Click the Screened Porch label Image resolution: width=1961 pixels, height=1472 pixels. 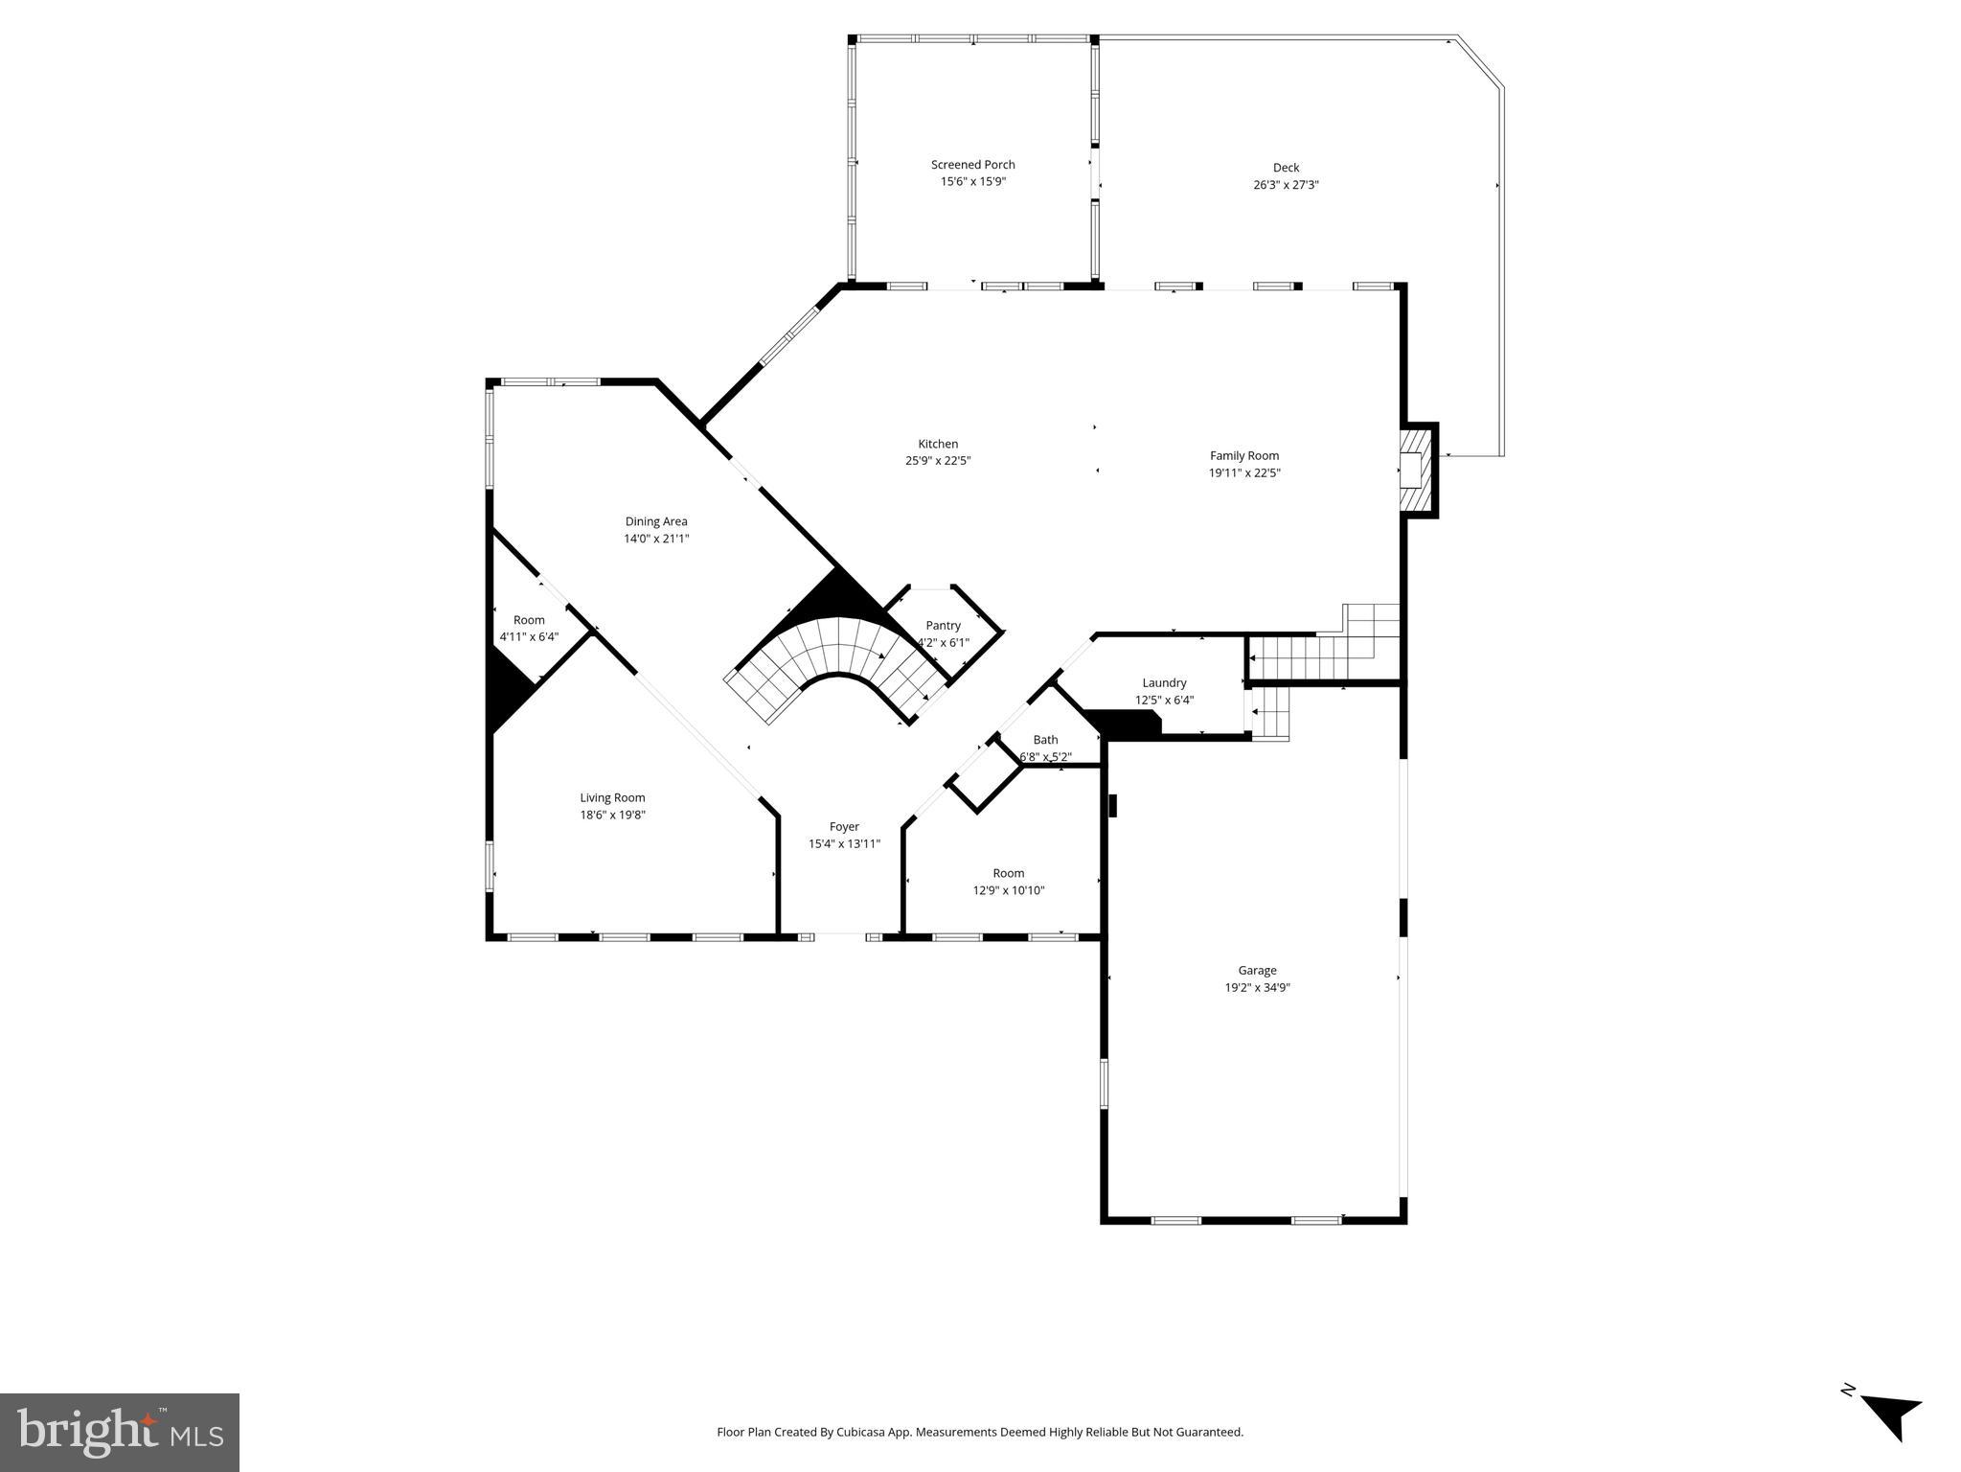coord(972,165)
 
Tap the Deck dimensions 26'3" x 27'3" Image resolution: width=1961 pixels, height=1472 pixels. coord(1286,185)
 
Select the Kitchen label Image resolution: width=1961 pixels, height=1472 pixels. coord(938,444)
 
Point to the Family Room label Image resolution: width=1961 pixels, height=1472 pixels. coord(1243,456)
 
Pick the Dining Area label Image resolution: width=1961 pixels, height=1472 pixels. coord(656,522)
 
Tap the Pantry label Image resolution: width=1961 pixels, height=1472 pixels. coord(943,626)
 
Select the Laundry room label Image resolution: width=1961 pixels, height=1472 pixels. coord(1164,683)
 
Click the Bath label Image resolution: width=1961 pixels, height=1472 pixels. coord(1045,740)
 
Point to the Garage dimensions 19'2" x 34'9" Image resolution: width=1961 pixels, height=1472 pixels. coord(1257,988)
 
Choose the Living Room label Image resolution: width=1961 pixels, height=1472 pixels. coord(612,798)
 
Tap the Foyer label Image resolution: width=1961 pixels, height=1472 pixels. coord(844,827)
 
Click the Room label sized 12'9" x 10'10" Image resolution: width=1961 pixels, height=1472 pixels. coord(1008,873)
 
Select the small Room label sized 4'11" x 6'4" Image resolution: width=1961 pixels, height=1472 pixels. coord(529,620)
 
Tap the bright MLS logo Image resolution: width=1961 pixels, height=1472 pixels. coord(120,1433)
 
